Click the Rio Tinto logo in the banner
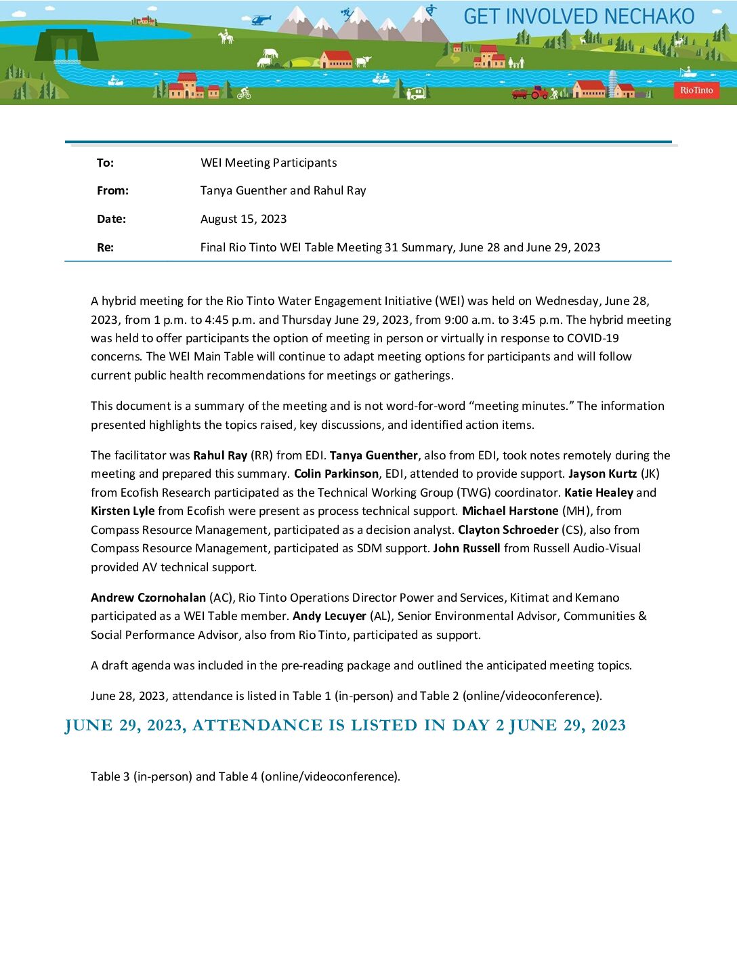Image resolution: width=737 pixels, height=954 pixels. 696,90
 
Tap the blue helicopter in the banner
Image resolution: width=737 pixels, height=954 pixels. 260,20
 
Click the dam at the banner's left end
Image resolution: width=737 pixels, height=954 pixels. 66,46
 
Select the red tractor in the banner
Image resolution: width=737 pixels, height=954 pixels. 539,92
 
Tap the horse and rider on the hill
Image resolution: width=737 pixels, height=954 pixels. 226,37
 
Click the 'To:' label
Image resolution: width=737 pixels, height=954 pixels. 105,163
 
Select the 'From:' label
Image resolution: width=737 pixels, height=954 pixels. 112,190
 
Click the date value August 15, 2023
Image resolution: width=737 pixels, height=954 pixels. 243,219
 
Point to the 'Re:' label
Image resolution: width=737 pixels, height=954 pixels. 105,247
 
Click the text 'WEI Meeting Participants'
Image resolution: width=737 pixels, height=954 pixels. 268,163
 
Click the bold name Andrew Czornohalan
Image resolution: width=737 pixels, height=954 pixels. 148,598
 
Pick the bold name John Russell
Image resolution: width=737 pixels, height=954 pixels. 467,548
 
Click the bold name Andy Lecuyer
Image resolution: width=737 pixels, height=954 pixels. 329,616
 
